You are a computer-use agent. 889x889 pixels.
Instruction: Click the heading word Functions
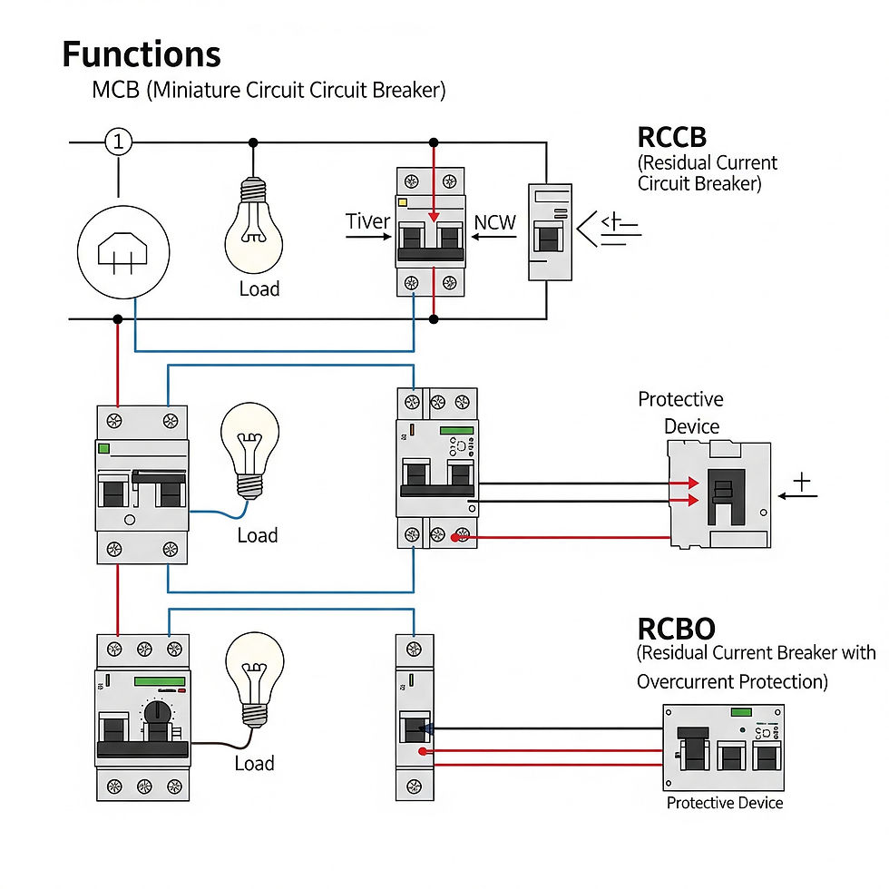[141, 54]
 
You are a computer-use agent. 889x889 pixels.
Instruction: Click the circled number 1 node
[118, 142]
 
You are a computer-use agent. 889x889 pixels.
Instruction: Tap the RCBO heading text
[676, 629]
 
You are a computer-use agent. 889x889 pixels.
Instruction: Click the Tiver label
[367, 221]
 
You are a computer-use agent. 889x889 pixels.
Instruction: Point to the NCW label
[495, 221]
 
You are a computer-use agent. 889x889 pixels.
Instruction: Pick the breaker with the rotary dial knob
[142, 717]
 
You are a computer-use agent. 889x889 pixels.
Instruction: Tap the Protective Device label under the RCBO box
[724, 803]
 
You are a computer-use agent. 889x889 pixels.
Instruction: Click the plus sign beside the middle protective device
[801, 482]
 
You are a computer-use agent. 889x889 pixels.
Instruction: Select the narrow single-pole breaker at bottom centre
[415, 717]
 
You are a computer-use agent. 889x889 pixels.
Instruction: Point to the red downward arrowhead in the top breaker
[435, 217]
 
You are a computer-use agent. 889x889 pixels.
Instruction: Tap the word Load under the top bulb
[259, 289]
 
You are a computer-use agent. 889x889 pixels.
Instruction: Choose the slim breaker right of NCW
[550, 231]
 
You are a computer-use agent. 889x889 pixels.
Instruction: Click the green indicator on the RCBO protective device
[741, 712]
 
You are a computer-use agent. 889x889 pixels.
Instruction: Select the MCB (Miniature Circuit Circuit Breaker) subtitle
[269, 91]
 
